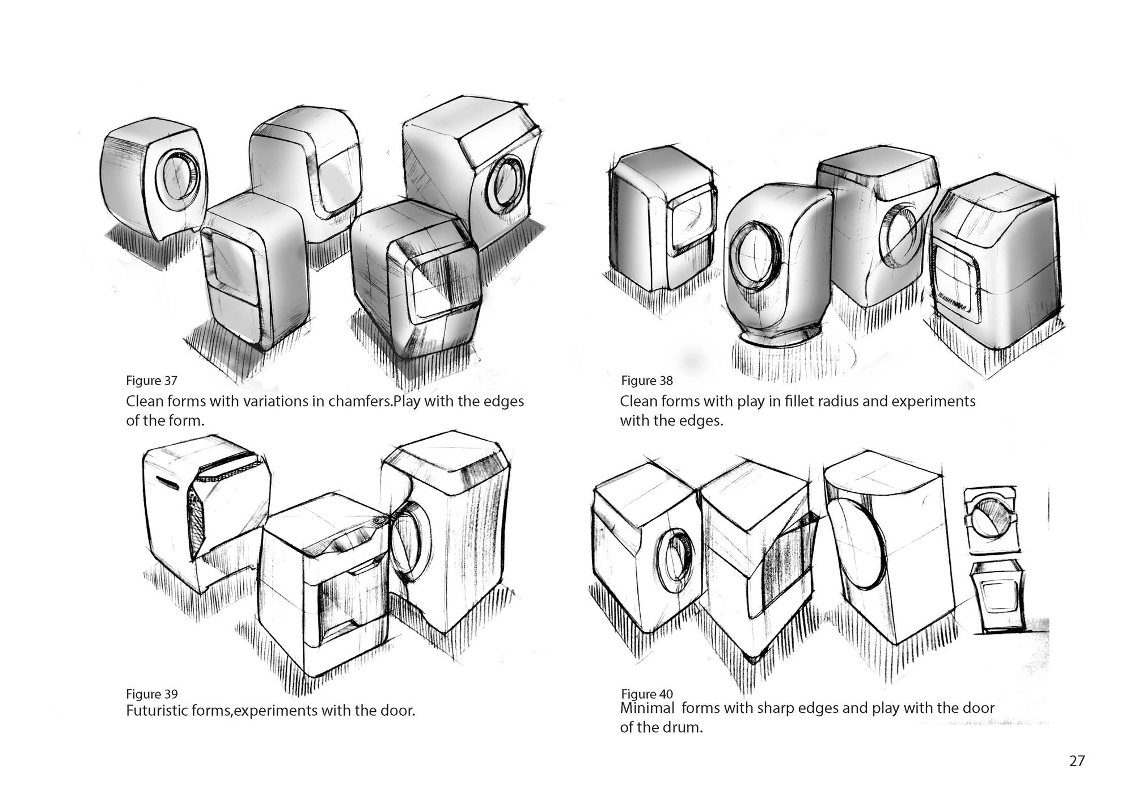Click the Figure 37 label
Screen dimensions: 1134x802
[x=151, y=380]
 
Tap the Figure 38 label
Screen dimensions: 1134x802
[x=647, y=380]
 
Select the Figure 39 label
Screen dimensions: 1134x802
[x=151, y=694]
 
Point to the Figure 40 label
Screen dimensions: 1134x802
[x=647, y=694]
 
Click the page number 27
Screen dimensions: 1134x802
[x=1077, y=761]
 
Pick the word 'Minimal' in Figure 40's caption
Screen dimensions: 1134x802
[x=647, y=708]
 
